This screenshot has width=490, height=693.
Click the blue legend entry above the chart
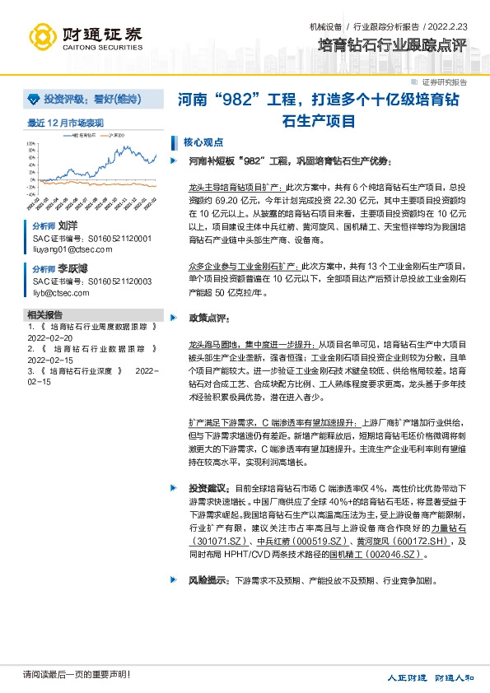coord(83,136)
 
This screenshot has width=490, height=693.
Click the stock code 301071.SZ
coord(222,542)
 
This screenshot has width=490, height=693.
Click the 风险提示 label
coord(207,580)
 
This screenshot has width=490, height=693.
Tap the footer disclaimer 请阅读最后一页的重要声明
coord(77,675)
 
